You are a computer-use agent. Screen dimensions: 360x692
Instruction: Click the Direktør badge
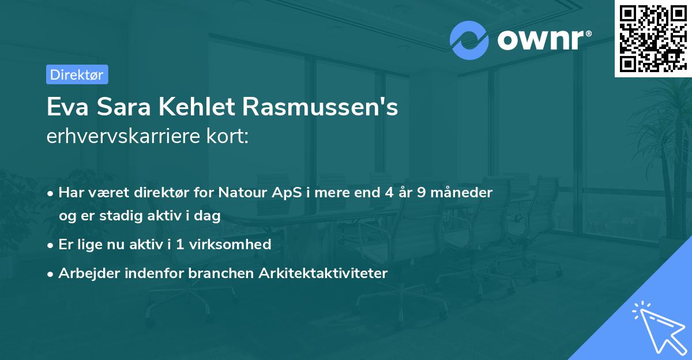click(77, 74)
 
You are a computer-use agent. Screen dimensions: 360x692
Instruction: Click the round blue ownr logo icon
click(469, 40)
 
